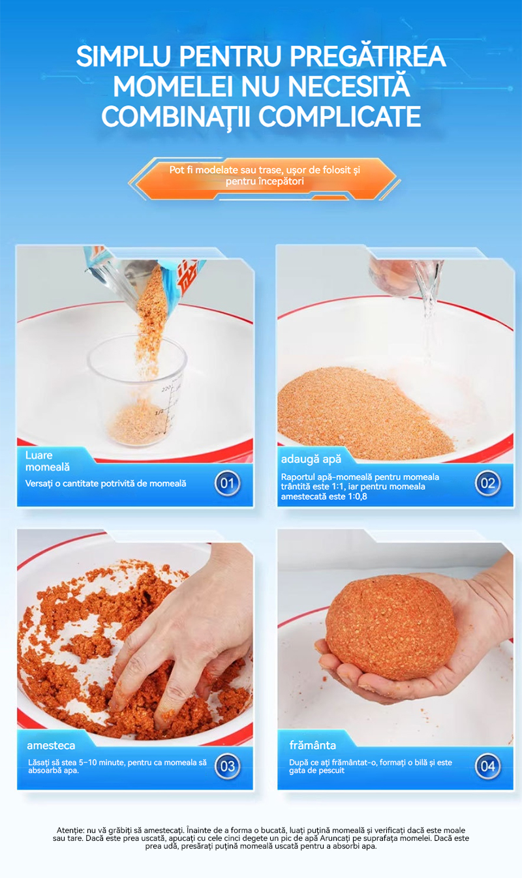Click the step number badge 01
point(228,483)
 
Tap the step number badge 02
point(488,483)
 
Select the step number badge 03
point(228,766)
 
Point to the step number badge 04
point(488,766)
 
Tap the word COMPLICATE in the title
point(340,116)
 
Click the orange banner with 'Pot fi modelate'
point(265,178)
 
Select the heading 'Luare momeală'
point(48,461)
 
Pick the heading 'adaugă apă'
point(311,459)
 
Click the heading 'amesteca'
point(51,746)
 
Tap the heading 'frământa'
point(313,745)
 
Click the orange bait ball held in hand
point(391,627)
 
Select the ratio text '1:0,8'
point(358,496)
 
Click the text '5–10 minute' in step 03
point(101,763)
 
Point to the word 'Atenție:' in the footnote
point(70,830)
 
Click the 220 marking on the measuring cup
point(166,388)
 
